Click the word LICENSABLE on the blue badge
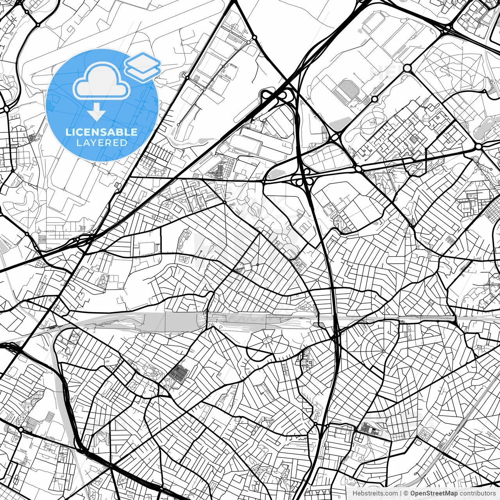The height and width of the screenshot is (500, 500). pyautogui.click(x=102, y=132)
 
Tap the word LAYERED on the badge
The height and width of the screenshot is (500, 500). pyautogui.click(x=102, y=143)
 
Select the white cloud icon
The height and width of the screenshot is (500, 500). pyautogui.click(x=102, y=83)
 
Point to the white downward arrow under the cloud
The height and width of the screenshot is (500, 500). pyautogui.click(x=96, y=113)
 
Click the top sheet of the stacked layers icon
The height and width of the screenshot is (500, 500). pyautogui.click(x=143, y=61)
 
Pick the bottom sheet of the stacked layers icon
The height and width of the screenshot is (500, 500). pyautogui.click(x=143, y=72)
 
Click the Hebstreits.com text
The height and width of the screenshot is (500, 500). pyautogui.click(x=375, y=493)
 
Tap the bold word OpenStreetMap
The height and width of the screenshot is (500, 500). pyautogui.click(x=434, y=493)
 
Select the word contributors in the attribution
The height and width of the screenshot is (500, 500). pyautogui.click(x=477, y=493)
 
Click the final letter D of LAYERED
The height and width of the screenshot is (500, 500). pyautogui.click(x=124, y=143)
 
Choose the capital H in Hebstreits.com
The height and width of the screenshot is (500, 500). pyautogui.click(x=355, y=493)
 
